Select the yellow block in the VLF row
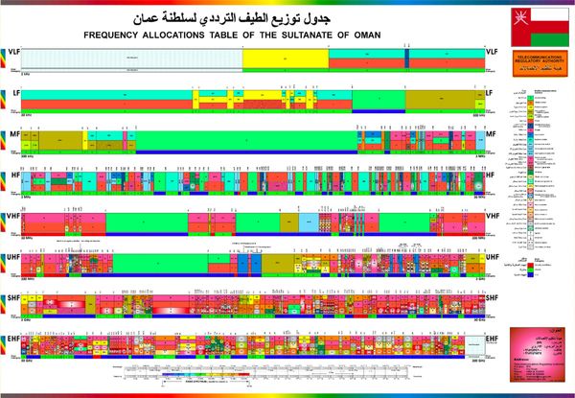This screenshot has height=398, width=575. click(285, 58)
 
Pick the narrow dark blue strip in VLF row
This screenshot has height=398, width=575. click(406, 58)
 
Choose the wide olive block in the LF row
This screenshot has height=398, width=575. click(442, 97)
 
